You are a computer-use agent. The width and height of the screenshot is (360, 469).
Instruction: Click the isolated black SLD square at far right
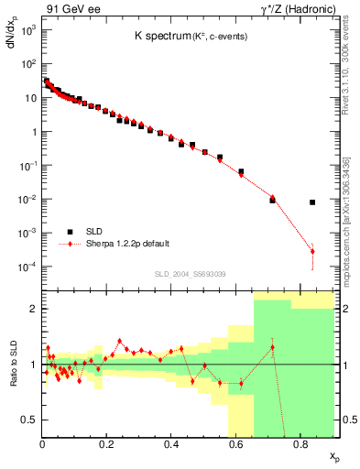[312, 202]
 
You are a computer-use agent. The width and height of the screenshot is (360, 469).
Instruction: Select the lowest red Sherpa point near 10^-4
[312, 252]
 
